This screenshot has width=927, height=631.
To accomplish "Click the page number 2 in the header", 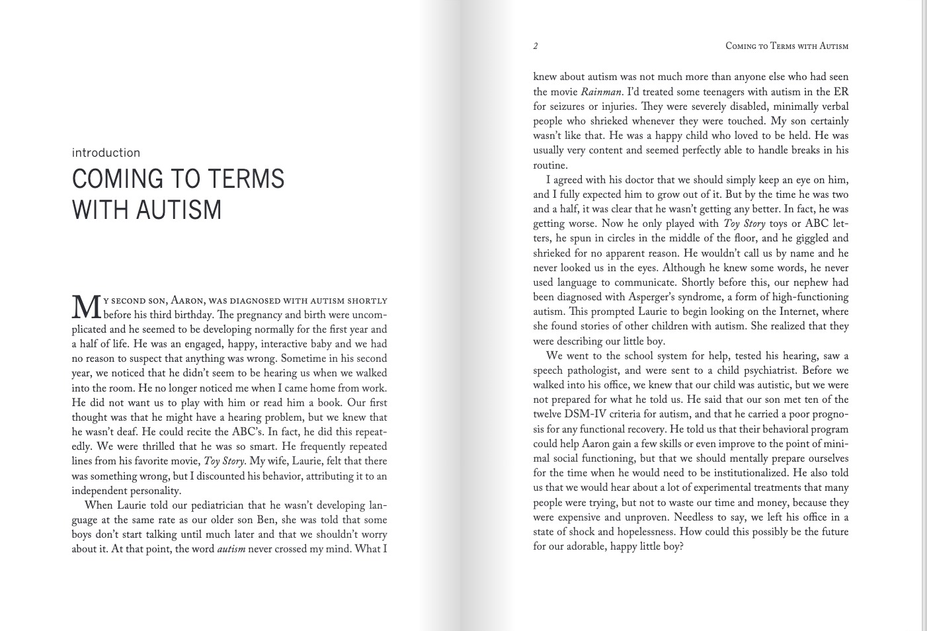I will (x=536, y=46).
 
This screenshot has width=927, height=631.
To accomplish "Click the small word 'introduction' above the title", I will (x=106, y=153).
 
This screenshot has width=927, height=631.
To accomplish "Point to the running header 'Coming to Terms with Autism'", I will (x=787, y=46).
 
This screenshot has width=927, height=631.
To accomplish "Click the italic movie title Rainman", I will (x=601, y=92).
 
